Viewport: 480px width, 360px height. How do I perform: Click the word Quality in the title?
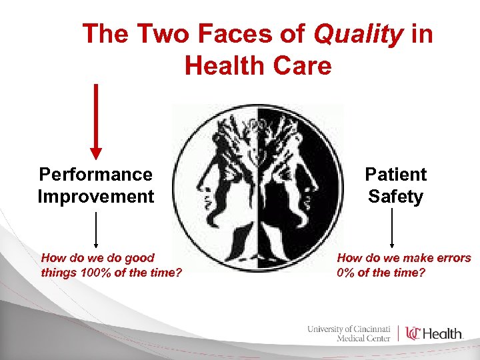[x=359, y=33]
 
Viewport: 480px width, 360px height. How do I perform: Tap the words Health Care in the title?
[x=257, y=65]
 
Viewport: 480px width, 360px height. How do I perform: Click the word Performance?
[x=96, y=175]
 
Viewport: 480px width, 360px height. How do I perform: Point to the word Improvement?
[x=96, y=197]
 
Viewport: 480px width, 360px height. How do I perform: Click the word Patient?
[x=395, y=175]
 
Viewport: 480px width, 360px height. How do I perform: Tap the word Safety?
[x=395, y=197]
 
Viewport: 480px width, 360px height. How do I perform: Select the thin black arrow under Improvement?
[x=97, y=230]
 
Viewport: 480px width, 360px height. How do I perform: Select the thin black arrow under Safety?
[x=392, y=228]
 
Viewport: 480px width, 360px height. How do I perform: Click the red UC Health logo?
[x=434, y=333]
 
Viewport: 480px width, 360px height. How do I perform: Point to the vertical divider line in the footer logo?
[x=399, y=333]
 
